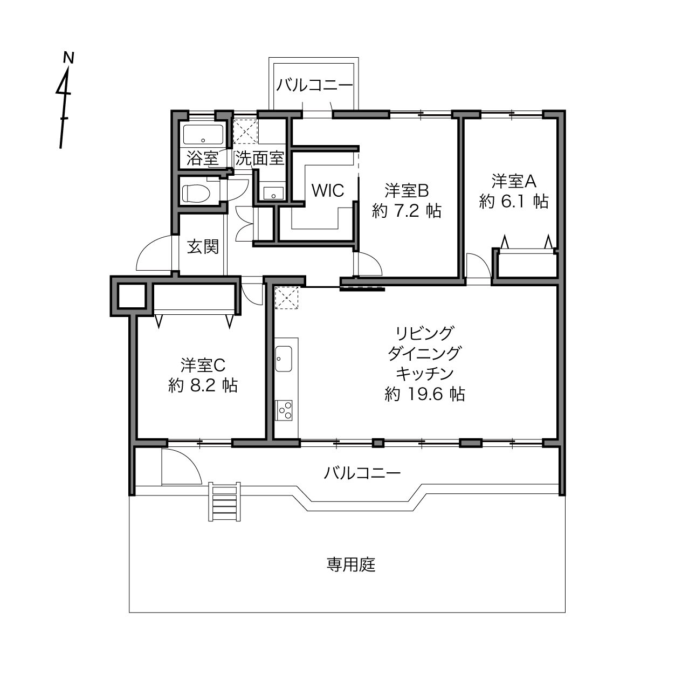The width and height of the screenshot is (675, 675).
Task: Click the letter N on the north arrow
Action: click(x=68, y=58)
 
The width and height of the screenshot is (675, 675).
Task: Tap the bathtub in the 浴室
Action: click(x=203, y=134)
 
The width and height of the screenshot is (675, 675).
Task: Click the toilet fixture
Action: click(x=196, y=194)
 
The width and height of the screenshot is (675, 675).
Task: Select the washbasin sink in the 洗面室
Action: click(x=273, y=193)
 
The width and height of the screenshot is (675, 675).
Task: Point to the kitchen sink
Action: click(x=284, y=359)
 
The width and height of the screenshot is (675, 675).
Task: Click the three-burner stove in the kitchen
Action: click(x=284, y=410)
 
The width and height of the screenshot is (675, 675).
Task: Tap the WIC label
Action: click(x=328, y=190)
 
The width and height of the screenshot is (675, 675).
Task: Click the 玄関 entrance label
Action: click(x=203, y=246)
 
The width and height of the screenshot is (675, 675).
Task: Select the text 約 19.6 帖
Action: click(x=424, y=394)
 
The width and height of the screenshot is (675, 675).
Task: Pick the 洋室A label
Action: click(x=514, y=181)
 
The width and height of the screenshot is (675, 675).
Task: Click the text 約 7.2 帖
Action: click(x=407, y=211)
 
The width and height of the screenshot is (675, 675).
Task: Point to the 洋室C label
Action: click(x=203, y=366)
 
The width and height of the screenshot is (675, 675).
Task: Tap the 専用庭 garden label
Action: click(x=351, y=564)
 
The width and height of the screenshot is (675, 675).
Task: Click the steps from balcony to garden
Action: click(x=224, y=501)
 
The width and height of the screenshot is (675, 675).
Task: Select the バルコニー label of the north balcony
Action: click(x=314, y=85)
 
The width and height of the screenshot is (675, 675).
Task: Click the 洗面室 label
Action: click(x=259, y=159)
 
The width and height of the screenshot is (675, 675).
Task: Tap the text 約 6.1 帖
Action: click(x=514, y=202)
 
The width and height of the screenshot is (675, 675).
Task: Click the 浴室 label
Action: click(x=203, y=159)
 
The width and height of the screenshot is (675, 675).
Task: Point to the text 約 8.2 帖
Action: click(x=203, y=385)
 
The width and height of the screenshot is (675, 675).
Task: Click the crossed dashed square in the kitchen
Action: click(x=286, y=298)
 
